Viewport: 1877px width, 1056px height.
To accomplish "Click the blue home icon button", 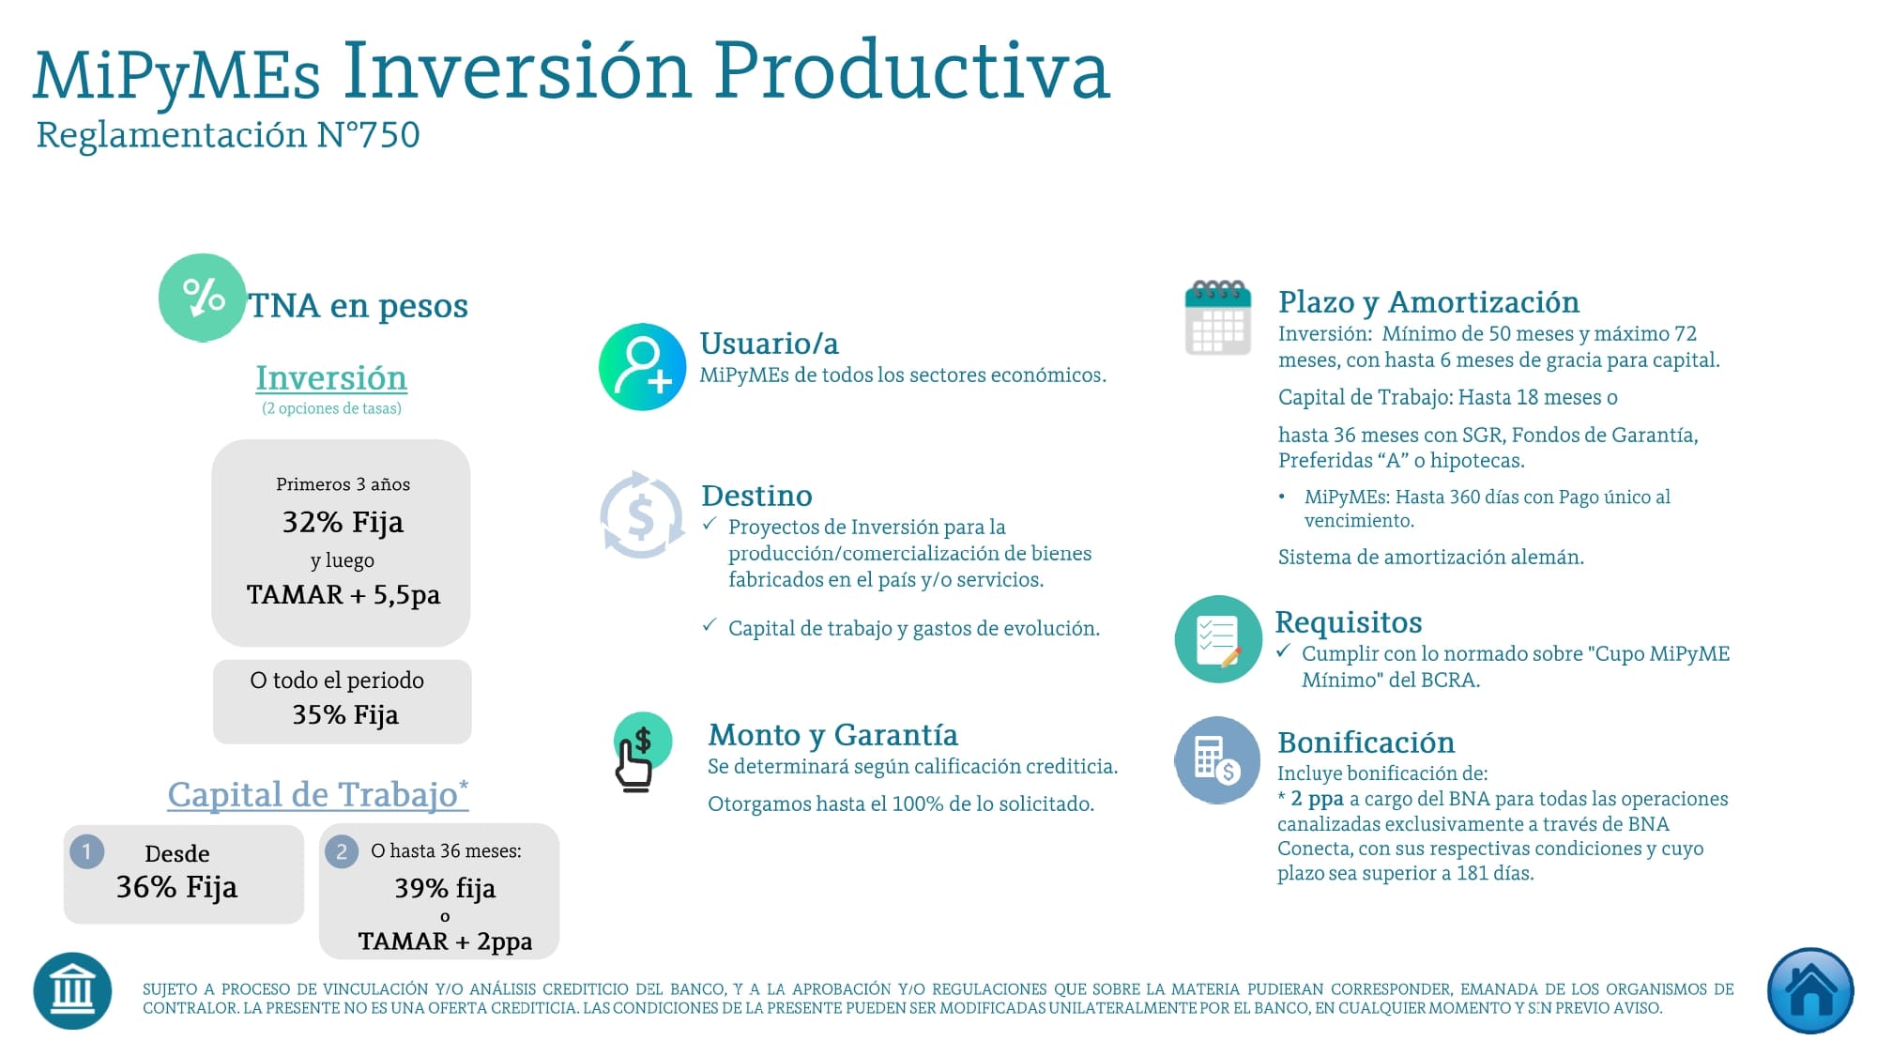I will pos(1809,991).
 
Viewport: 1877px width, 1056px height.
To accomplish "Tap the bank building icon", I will pos(72,991).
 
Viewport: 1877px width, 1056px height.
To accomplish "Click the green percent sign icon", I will pos(202,298).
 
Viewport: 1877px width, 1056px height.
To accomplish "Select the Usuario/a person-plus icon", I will pos(643,367).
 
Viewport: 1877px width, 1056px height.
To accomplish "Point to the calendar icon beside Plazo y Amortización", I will pos(1217,317).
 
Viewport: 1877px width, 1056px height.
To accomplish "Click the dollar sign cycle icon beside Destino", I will pos(642,514).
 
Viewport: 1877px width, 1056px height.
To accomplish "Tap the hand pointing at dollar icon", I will pos(641,752).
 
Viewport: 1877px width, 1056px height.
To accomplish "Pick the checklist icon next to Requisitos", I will pos(1217,639).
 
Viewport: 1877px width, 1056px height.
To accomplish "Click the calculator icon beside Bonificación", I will pos(1217,759).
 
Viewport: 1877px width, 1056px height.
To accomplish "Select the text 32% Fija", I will pos(343,522).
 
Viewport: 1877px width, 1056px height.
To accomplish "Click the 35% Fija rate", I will pos(344,715).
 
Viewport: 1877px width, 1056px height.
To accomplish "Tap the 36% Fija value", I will pos(176,887).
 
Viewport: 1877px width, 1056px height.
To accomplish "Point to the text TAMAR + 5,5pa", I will pos(343,595).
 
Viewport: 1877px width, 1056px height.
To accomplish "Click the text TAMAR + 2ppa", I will pos(445,941).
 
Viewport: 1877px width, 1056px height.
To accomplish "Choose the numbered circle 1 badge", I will pos(86,851).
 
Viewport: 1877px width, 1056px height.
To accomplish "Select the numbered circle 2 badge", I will pos(342,851).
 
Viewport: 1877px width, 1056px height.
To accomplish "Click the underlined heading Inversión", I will pos(331,378).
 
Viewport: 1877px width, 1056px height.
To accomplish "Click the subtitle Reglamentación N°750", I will pos(227,135).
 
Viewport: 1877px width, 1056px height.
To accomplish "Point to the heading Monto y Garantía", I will pos(832,735).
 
